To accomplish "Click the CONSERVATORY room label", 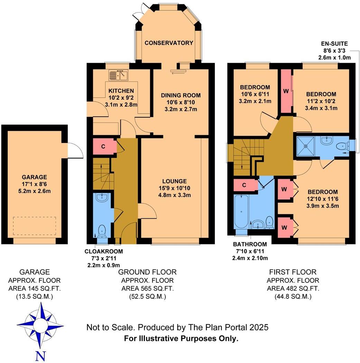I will click(x=169, y=43).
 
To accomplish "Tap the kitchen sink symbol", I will click(x=118, y=74).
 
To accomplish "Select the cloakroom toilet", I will click(x=102, y=230).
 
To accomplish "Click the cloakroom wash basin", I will click(x=102, y=198).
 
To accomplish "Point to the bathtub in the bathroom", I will click(x=241, y=212).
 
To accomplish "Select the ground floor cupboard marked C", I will click(x=103, y=146).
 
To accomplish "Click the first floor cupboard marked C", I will click(x=244, y=185).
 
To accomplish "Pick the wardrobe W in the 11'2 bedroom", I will click(x=286, y=91).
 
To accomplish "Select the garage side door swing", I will click(x=75, y=151).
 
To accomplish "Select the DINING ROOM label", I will click(x=181, y=95).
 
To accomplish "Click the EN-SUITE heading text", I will click(x=334, y=44).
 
